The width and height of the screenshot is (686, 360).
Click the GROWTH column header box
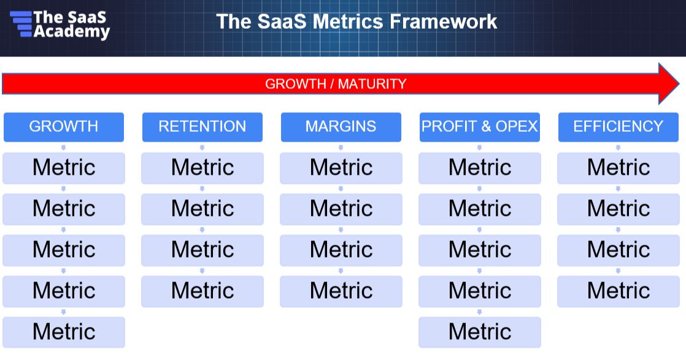[x=64, y=127]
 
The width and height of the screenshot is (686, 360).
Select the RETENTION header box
[x=202, y=127]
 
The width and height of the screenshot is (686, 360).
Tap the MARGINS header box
[x=341, y=127]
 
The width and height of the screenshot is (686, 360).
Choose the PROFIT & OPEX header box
[x=479, y=127]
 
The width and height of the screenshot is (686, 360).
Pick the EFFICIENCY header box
[x=618, y=127]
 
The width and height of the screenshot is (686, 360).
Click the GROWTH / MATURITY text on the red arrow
[x=336, y=83]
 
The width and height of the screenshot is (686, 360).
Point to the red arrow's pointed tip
[x=679, y=83]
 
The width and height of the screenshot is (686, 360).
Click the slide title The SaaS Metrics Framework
[x=356, y=21]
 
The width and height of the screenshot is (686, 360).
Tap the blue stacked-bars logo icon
[x=21, y=24]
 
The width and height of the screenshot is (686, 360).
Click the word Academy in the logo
[x=72, y=32]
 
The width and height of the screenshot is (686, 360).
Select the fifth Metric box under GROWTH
[x=64, y=332]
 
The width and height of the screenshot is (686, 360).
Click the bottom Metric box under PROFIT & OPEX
[x=479, y=332]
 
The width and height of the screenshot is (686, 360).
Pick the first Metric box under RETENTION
[x=202, y=168]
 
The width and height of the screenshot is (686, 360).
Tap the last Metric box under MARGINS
[x=341, y=291]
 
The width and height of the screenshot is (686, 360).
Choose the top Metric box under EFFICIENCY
[x=618, y=168]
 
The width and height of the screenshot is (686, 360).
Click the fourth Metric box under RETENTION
[x=202, y=291]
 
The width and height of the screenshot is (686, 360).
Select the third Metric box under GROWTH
[x=64, y=250]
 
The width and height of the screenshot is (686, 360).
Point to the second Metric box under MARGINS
[x=341, y=209]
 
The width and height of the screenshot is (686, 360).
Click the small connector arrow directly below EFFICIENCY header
[x=618, y=147]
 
